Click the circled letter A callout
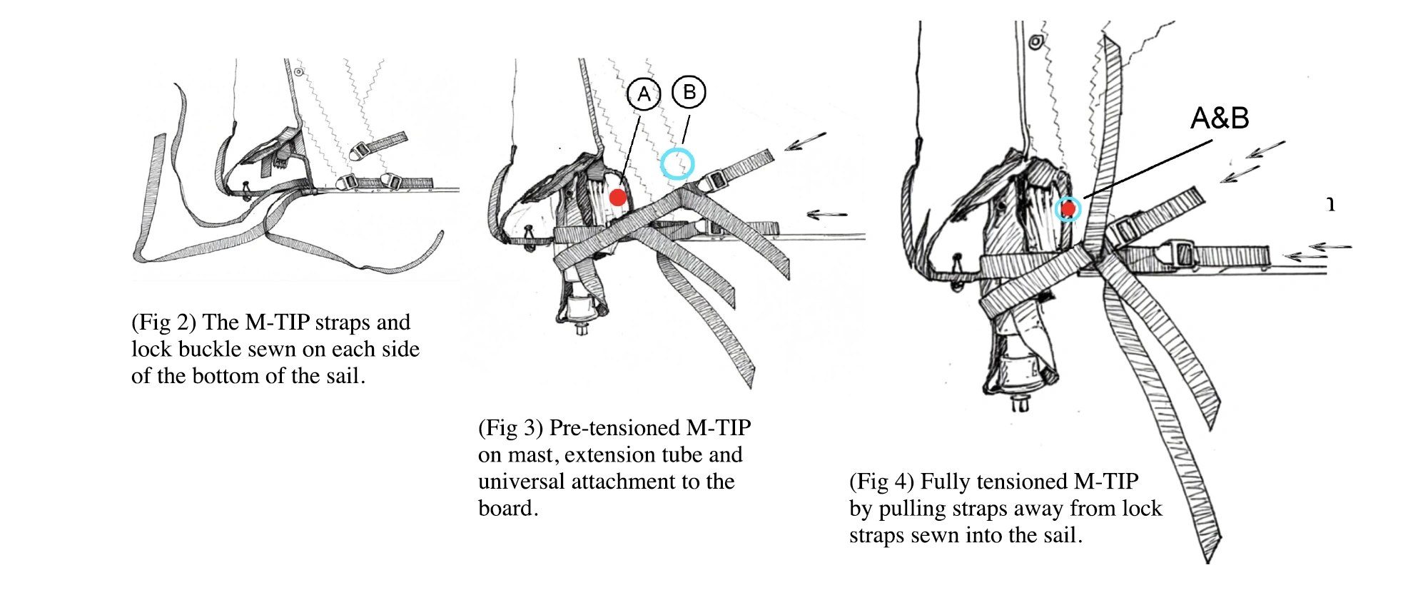coord(644,94)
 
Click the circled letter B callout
coord(689,92)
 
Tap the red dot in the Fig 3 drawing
coord(618,198)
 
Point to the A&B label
coord(1220,118)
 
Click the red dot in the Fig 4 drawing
coord(1068,209)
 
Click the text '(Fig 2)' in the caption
coord(163,322)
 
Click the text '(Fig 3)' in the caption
coord(510,428)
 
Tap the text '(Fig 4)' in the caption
coord(881,482)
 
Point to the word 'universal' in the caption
coord(521,482)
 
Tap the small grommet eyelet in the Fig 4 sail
coord(1035,42)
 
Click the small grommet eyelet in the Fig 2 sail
coord(299,72)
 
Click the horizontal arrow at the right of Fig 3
coord(827,214)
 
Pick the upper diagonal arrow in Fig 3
coord(805,141)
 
